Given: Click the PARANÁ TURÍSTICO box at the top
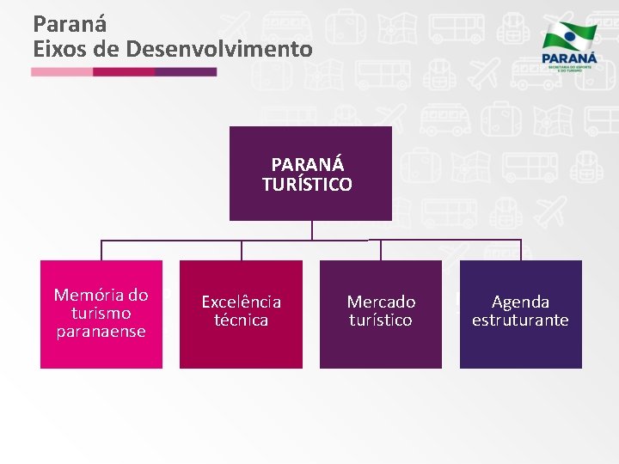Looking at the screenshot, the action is [x=310, y=174].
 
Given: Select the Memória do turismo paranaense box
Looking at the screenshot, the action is [x=101, y=314].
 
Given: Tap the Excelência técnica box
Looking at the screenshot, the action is [x=241, y=314].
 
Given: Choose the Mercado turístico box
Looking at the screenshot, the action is [x=381, y=314].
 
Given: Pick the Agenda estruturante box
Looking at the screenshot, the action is [x=520, y=314].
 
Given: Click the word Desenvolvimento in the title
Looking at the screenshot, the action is [x=219, y=50].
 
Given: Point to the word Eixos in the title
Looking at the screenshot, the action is [x=59, y=50].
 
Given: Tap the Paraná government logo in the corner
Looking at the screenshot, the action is [x=567, y=47].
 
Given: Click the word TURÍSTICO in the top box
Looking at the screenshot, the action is [x=307, y=184].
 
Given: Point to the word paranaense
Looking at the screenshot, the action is [x=101, y=331].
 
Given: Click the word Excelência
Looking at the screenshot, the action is [x=241, y=302].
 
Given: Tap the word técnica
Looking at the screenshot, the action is [x=241, y=321].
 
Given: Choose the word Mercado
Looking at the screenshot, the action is [x=381, y=302].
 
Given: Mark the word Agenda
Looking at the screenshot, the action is [x=520, y=302].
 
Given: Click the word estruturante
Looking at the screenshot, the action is [x=520, y=321].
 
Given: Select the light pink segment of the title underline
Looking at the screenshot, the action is [x=62, y=72].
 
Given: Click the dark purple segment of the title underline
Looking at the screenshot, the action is [x=186, y=72].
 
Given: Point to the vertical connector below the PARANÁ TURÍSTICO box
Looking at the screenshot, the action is [x=311, y=230].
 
